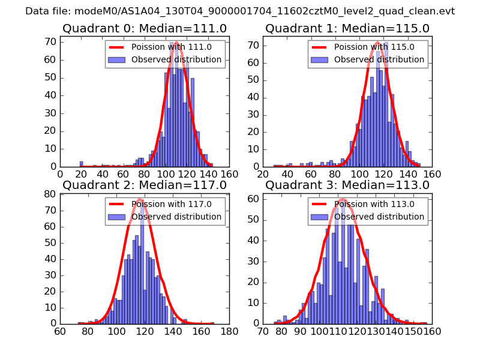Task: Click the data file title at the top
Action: pos(240,11)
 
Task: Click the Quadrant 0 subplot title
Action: pos(145,28)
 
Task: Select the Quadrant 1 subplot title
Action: pos(347,28)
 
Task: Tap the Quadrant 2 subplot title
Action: pos(145,185)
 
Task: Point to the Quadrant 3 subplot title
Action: pos(347,185)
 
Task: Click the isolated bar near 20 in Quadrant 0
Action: pos(81,164)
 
